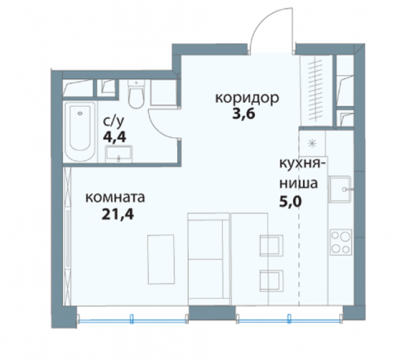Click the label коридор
pos(246,99)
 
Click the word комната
pos(115,199)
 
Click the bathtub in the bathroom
pos(79,129)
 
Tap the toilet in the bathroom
pos(135,95)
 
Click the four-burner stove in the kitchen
pos(340,241)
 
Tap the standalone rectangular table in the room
pos(160,257)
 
